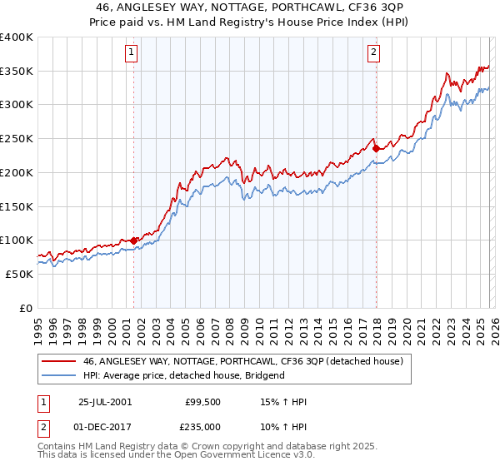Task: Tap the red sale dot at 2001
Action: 133,240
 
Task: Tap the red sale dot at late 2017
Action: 376,149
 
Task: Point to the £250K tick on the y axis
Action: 17,139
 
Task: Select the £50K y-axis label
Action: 19,274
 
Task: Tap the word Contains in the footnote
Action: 57,448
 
